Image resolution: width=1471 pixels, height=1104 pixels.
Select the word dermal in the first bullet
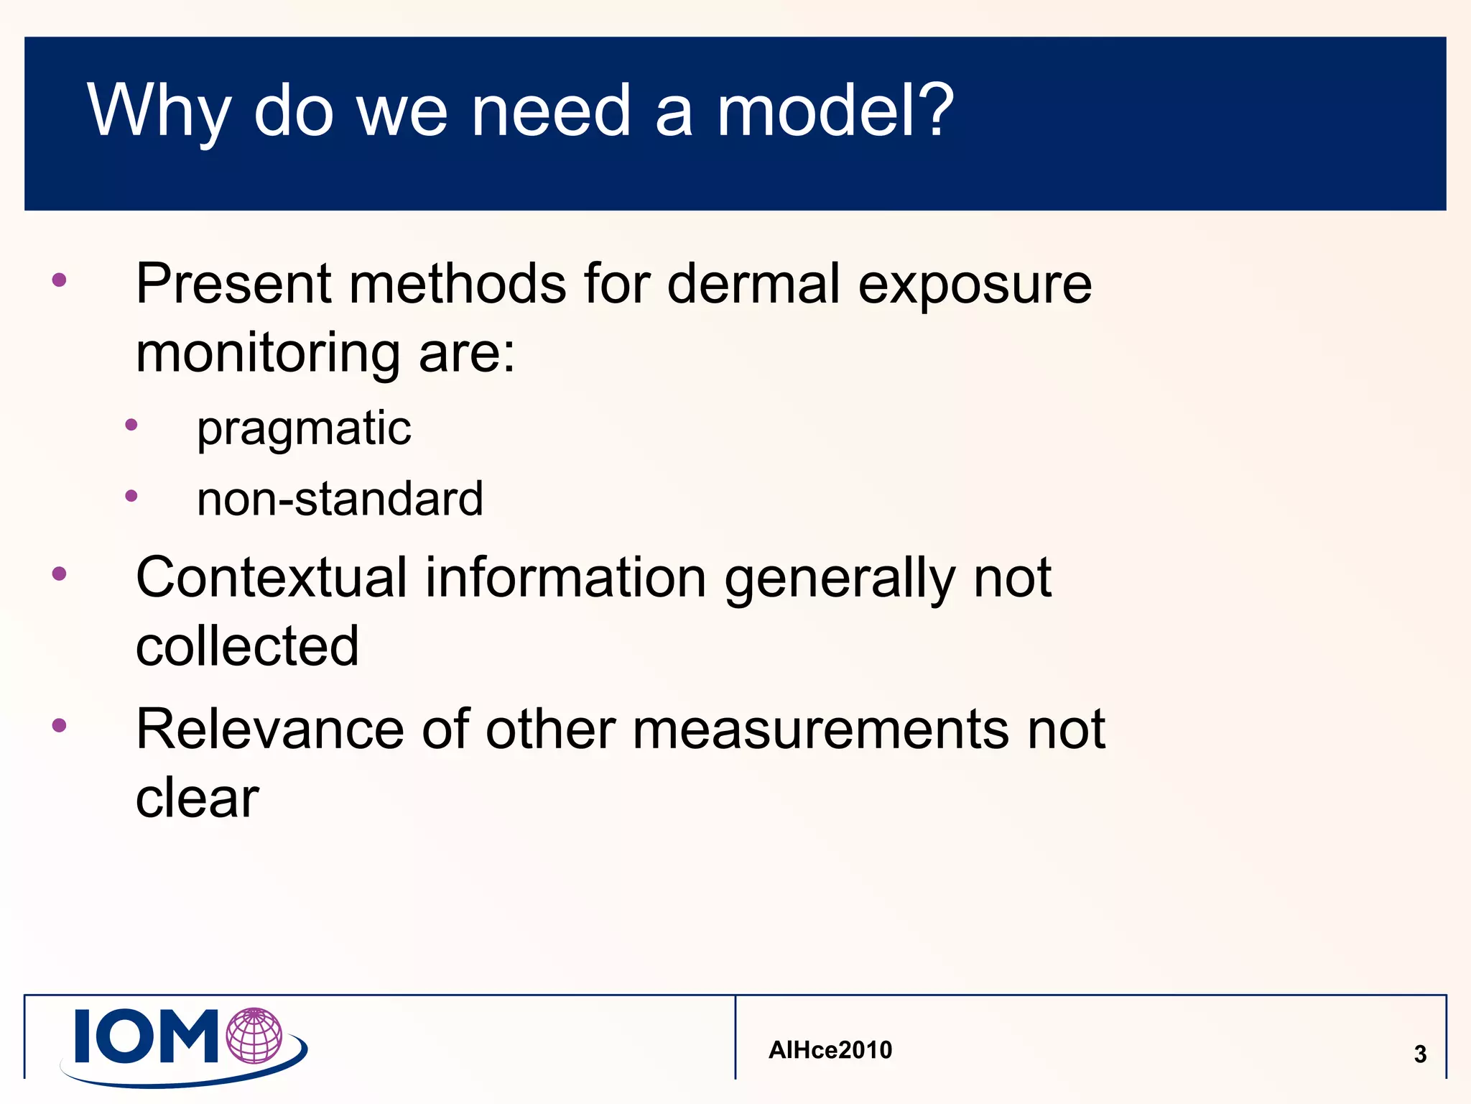pyautogui.click(x=753, y=284)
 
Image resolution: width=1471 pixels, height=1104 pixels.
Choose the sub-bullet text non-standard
pyautogui.click(x=340, y=499)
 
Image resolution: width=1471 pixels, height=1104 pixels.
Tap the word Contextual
pyautogui.click(x=272, y=577)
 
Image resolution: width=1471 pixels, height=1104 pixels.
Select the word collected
pyautogui.click(x=247, y=645)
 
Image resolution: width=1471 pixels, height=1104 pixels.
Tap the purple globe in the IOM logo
pyautogui.click(x=254, y=1036)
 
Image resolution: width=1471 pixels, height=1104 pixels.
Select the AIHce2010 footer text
pyautogui.click(x=830, y=1050)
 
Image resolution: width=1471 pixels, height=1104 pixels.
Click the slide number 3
pyautogui.click(x=1419, y=1054)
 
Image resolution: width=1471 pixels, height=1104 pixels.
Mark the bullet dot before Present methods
pyautogui.click(x=60, y=280)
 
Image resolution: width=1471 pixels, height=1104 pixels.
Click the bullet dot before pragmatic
pyautogui.click(x=131, y=425)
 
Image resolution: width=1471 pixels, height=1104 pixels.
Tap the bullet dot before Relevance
pyautogui.click(x=60, y=725)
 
